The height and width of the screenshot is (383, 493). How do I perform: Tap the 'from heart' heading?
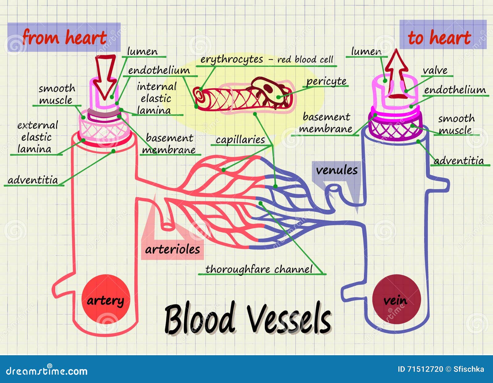64,37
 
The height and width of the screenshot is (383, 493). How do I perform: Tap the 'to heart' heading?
439,38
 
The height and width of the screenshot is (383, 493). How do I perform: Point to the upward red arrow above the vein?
397,74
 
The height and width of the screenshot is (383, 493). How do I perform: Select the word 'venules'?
337,170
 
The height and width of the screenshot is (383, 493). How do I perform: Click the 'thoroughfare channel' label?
259,269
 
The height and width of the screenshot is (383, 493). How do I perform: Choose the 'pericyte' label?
326,81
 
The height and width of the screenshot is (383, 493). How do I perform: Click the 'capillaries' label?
240,140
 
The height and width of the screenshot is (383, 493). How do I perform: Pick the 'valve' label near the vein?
435,71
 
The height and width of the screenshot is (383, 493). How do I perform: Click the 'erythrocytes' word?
232,60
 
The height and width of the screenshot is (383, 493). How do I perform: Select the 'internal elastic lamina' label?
156,98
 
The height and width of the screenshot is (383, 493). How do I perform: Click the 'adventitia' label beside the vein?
459,161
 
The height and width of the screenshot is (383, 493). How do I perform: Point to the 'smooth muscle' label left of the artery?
56,94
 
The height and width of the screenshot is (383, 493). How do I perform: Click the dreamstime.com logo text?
47,371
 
